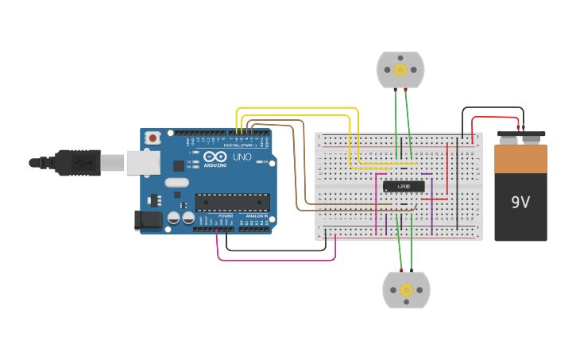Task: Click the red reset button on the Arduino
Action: [152, 138]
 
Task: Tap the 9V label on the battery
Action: [520, 202]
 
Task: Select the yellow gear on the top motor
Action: [400, 70]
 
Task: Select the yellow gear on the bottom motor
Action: [406, 290]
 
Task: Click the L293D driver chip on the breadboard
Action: [404, 187]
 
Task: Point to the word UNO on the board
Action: [242, 157]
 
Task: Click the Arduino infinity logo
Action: [215, 157]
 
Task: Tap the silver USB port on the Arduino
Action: [143, 162]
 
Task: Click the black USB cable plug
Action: [79, 162]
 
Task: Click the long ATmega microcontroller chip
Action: [232, 203]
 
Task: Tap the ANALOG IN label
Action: [255, 216]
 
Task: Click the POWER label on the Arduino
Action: [226, 216]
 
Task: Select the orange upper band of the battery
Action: [520, 158]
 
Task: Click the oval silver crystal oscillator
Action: [177, 183]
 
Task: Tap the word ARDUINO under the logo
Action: [215, 165]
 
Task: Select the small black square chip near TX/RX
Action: [179, 165]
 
